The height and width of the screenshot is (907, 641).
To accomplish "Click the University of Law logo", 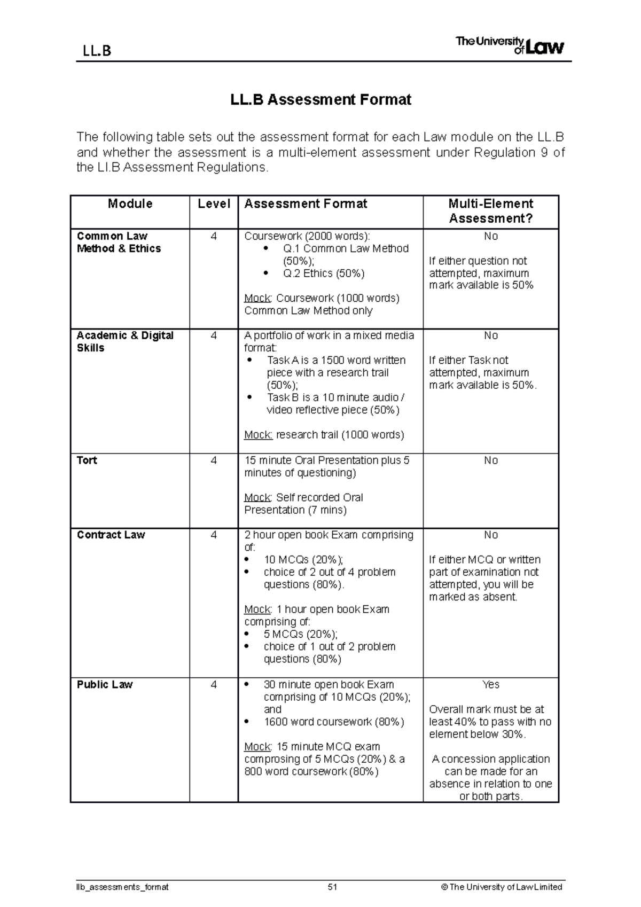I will [x=509, y=46].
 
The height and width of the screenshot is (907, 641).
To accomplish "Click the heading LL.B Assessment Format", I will [x=320, y=100].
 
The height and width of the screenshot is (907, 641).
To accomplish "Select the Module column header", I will [x=130, y=204].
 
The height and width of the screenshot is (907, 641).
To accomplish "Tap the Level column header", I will [x=214, y=204].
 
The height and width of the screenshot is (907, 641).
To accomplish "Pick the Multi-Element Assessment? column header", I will [x=490, y=211].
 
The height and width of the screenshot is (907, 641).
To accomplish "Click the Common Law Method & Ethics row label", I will [x=119, y=243].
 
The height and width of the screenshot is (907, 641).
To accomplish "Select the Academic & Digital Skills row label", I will [x=124, y=342].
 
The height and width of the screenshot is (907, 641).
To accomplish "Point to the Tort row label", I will [x=87, y=460].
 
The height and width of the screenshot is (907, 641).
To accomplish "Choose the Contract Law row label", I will [x=111, y=535].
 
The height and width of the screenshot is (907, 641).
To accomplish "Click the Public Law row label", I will [x=105, y=685].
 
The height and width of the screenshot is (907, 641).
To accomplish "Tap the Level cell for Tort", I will [x=214, y=460].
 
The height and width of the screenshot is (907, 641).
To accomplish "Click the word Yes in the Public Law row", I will [x=490, y=685].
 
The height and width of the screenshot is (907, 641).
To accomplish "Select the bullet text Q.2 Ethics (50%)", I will [x=324, y=273].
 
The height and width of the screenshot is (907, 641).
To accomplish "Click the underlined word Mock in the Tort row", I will [x=257, y=498].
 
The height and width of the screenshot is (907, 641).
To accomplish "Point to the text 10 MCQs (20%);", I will [x=303, y=560].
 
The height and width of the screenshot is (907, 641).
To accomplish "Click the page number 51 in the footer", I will [x=333, y=887].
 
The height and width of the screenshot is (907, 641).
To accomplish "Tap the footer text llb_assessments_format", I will [x=122, y=887].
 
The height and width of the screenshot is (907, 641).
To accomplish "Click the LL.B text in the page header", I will [x=97, y=51].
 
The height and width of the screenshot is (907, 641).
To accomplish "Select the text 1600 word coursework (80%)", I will [x=333, y=722].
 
